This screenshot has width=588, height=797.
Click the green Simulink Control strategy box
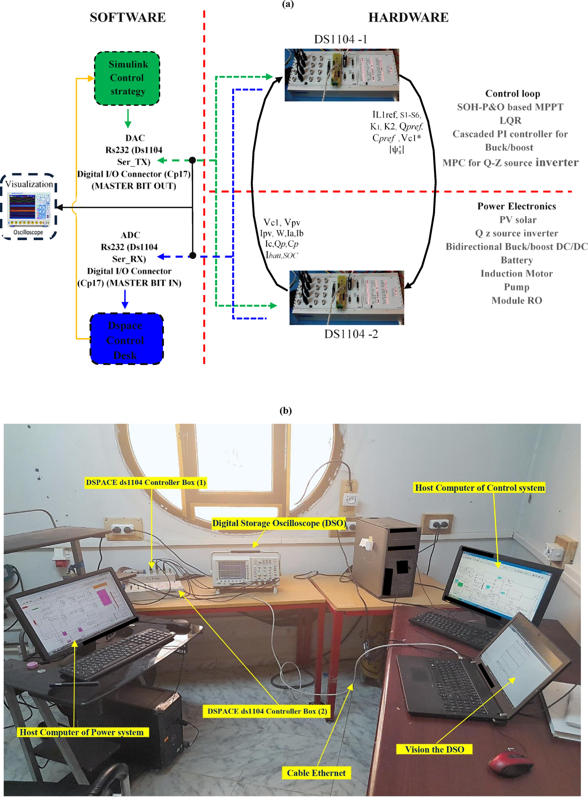[127, 78]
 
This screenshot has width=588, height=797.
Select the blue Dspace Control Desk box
[126, 338]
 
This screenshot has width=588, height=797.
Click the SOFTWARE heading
[128, 17]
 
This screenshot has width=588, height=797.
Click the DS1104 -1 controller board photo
[341, 75]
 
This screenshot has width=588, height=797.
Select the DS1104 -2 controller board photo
[346, 297]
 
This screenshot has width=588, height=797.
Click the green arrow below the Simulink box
[128, 119]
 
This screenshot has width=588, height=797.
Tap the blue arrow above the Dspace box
[125, 299]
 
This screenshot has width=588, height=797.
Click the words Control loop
[512, 94]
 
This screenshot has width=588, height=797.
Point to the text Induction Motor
[516, 273]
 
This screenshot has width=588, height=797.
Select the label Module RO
[516, 300]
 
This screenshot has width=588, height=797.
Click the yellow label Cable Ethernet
[316, 773]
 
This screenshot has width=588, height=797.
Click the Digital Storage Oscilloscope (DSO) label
[279, 523]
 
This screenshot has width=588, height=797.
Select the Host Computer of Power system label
[82, 732]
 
